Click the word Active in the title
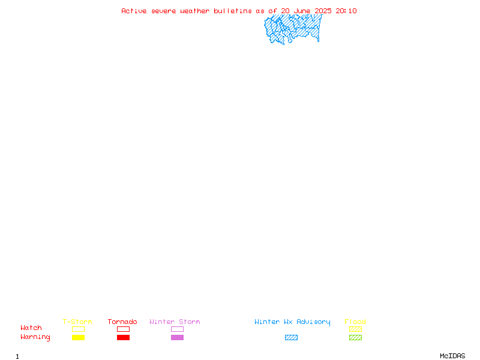point(134,11)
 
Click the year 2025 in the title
point(323,11)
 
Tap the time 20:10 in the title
point(346,11)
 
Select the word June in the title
point(302,11)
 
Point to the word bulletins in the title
point(233,11)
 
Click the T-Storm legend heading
point(77,322)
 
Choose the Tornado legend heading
point(122,322)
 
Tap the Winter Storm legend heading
point(175,322)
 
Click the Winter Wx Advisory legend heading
point(292,322)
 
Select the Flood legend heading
point(355,322)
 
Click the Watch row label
point(31,328)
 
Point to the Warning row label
point(35,337)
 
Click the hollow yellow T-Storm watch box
point(79,329)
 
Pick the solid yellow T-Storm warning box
point(79,337)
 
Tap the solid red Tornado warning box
point(124,337)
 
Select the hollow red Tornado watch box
point(124,329)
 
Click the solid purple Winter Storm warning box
point(177,337)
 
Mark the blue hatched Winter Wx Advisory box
point(291,337)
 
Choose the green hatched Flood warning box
point(355,337)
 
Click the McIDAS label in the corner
point(452,356)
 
